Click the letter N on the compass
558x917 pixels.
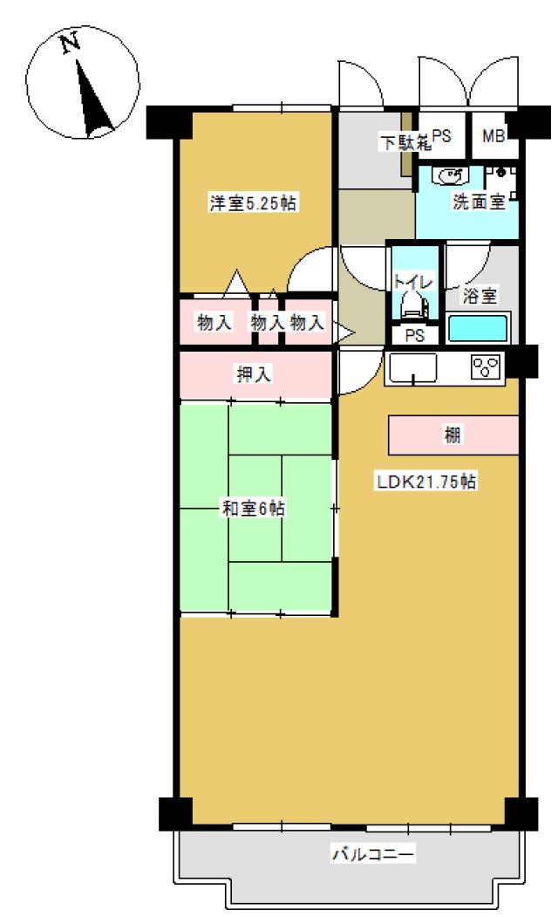[71, 43]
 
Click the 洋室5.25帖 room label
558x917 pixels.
[253, 203]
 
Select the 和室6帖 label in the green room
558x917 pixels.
[253, 508]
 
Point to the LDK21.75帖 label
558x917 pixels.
[426, 482]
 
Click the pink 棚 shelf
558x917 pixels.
[453, 435]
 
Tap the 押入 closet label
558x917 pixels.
[253, 373]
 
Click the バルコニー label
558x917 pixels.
[373, 853]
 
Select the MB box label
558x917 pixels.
[493, 136]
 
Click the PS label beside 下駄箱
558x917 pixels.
[442, 136]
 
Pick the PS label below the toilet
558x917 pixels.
[414, 336]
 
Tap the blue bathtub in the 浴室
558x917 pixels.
[478, 329]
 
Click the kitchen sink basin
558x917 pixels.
[413, 368]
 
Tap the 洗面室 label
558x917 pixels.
[480, 202]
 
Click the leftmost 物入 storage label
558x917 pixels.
[214, 322]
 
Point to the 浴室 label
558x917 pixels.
[480, 295]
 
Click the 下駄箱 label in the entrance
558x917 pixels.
[406, 141]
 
